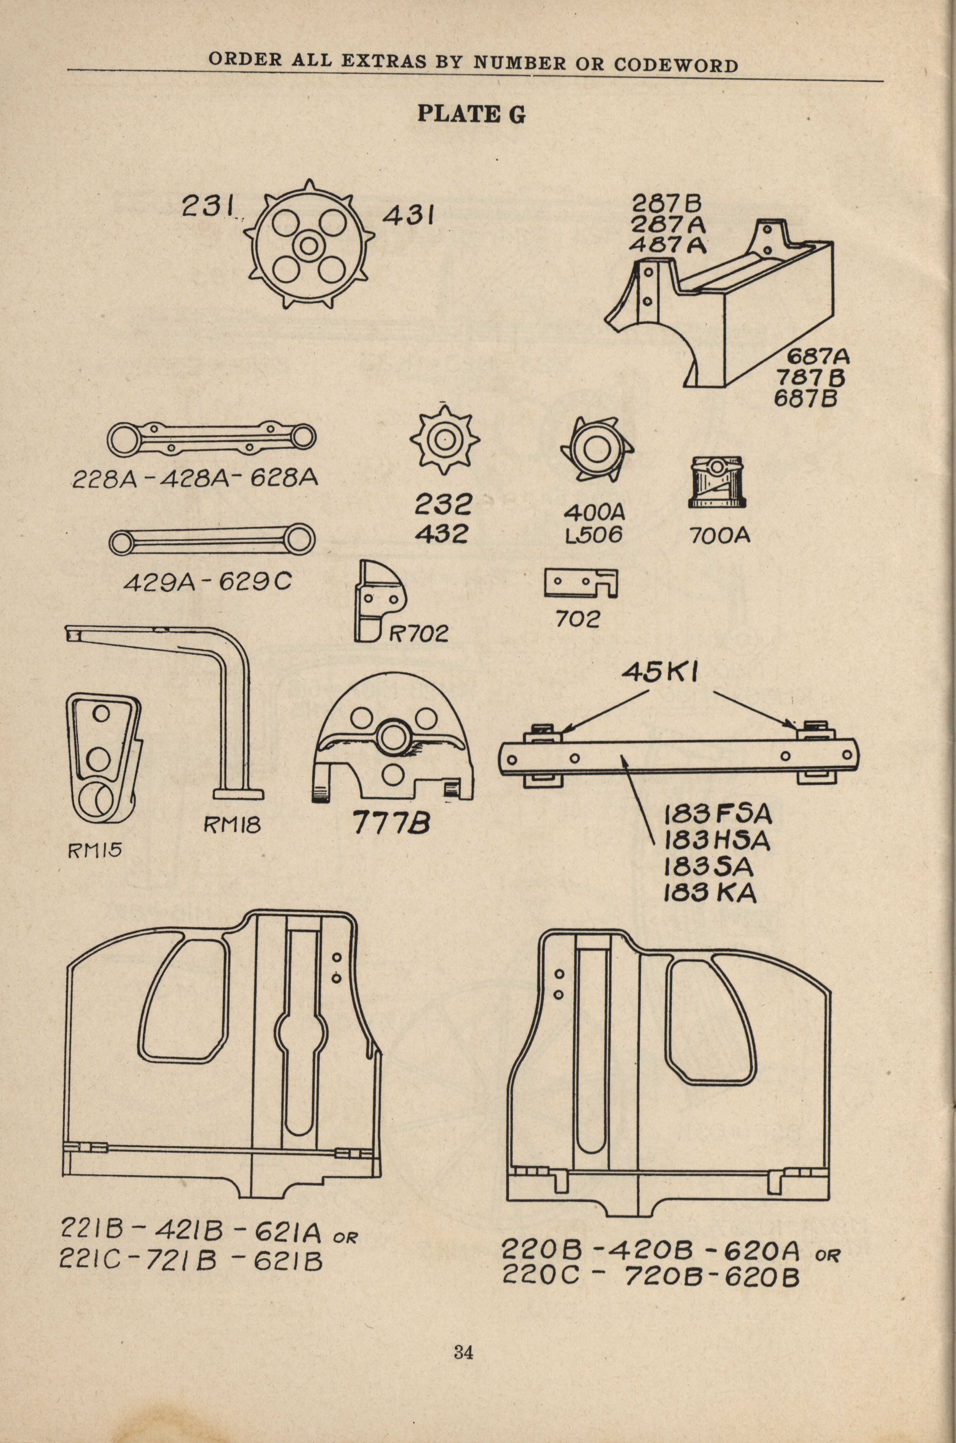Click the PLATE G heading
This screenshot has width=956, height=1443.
[471, 114]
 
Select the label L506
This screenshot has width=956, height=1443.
[594, 535]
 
